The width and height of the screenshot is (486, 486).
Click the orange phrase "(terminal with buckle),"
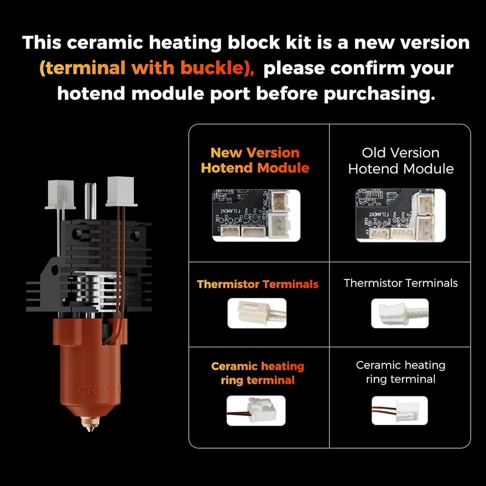[147, 68]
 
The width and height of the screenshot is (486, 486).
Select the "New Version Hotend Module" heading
[255, 160]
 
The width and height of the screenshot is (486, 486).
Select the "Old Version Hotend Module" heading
[401, 160]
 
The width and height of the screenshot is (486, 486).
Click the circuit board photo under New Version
[256, 215]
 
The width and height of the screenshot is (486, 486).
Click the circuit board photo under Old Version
[401, 215]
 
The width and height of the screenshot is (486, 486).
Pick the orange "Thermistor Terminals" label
[257, 284]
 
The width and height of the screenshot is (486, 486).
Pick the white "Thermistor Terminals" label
[401, 283]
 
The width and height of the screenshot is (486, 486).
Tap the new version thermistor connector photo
[257, 313]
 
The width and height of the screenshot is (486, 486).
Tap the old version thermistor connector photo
[400, 313]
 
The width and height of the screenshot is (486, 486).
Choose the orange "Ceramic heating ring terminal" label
[257, 373]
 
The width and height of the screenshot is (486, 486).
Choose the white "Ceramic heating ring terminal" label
[401, 372]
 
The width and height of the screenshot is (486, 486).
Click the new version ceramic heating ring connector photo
[256, 411]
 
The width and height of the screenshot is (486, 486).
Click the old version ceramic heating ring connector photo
[399, 411]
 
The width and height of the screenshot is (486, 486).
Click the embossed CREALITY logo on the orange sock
[100, 391]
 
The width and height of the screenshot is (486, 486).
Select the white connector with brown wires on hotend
[121, 191]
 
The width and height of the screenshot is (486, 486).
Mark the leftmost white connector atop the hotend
[60, 195]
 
